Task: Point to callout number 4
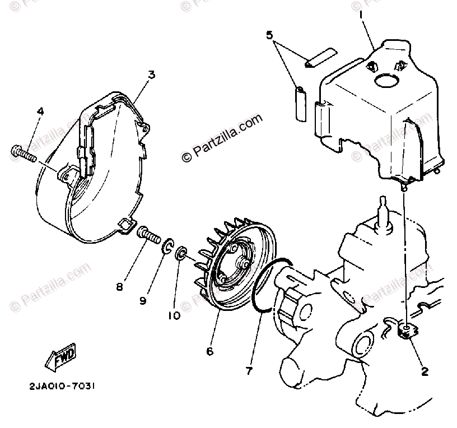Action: [x=40, y=111]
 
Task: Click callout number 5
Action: [x=269, y=35]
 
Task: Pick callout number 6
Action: [x=209, y=351]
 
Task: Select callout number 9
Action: [x=143, y=301]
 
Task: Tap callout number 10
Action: [x=174, y=315]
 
